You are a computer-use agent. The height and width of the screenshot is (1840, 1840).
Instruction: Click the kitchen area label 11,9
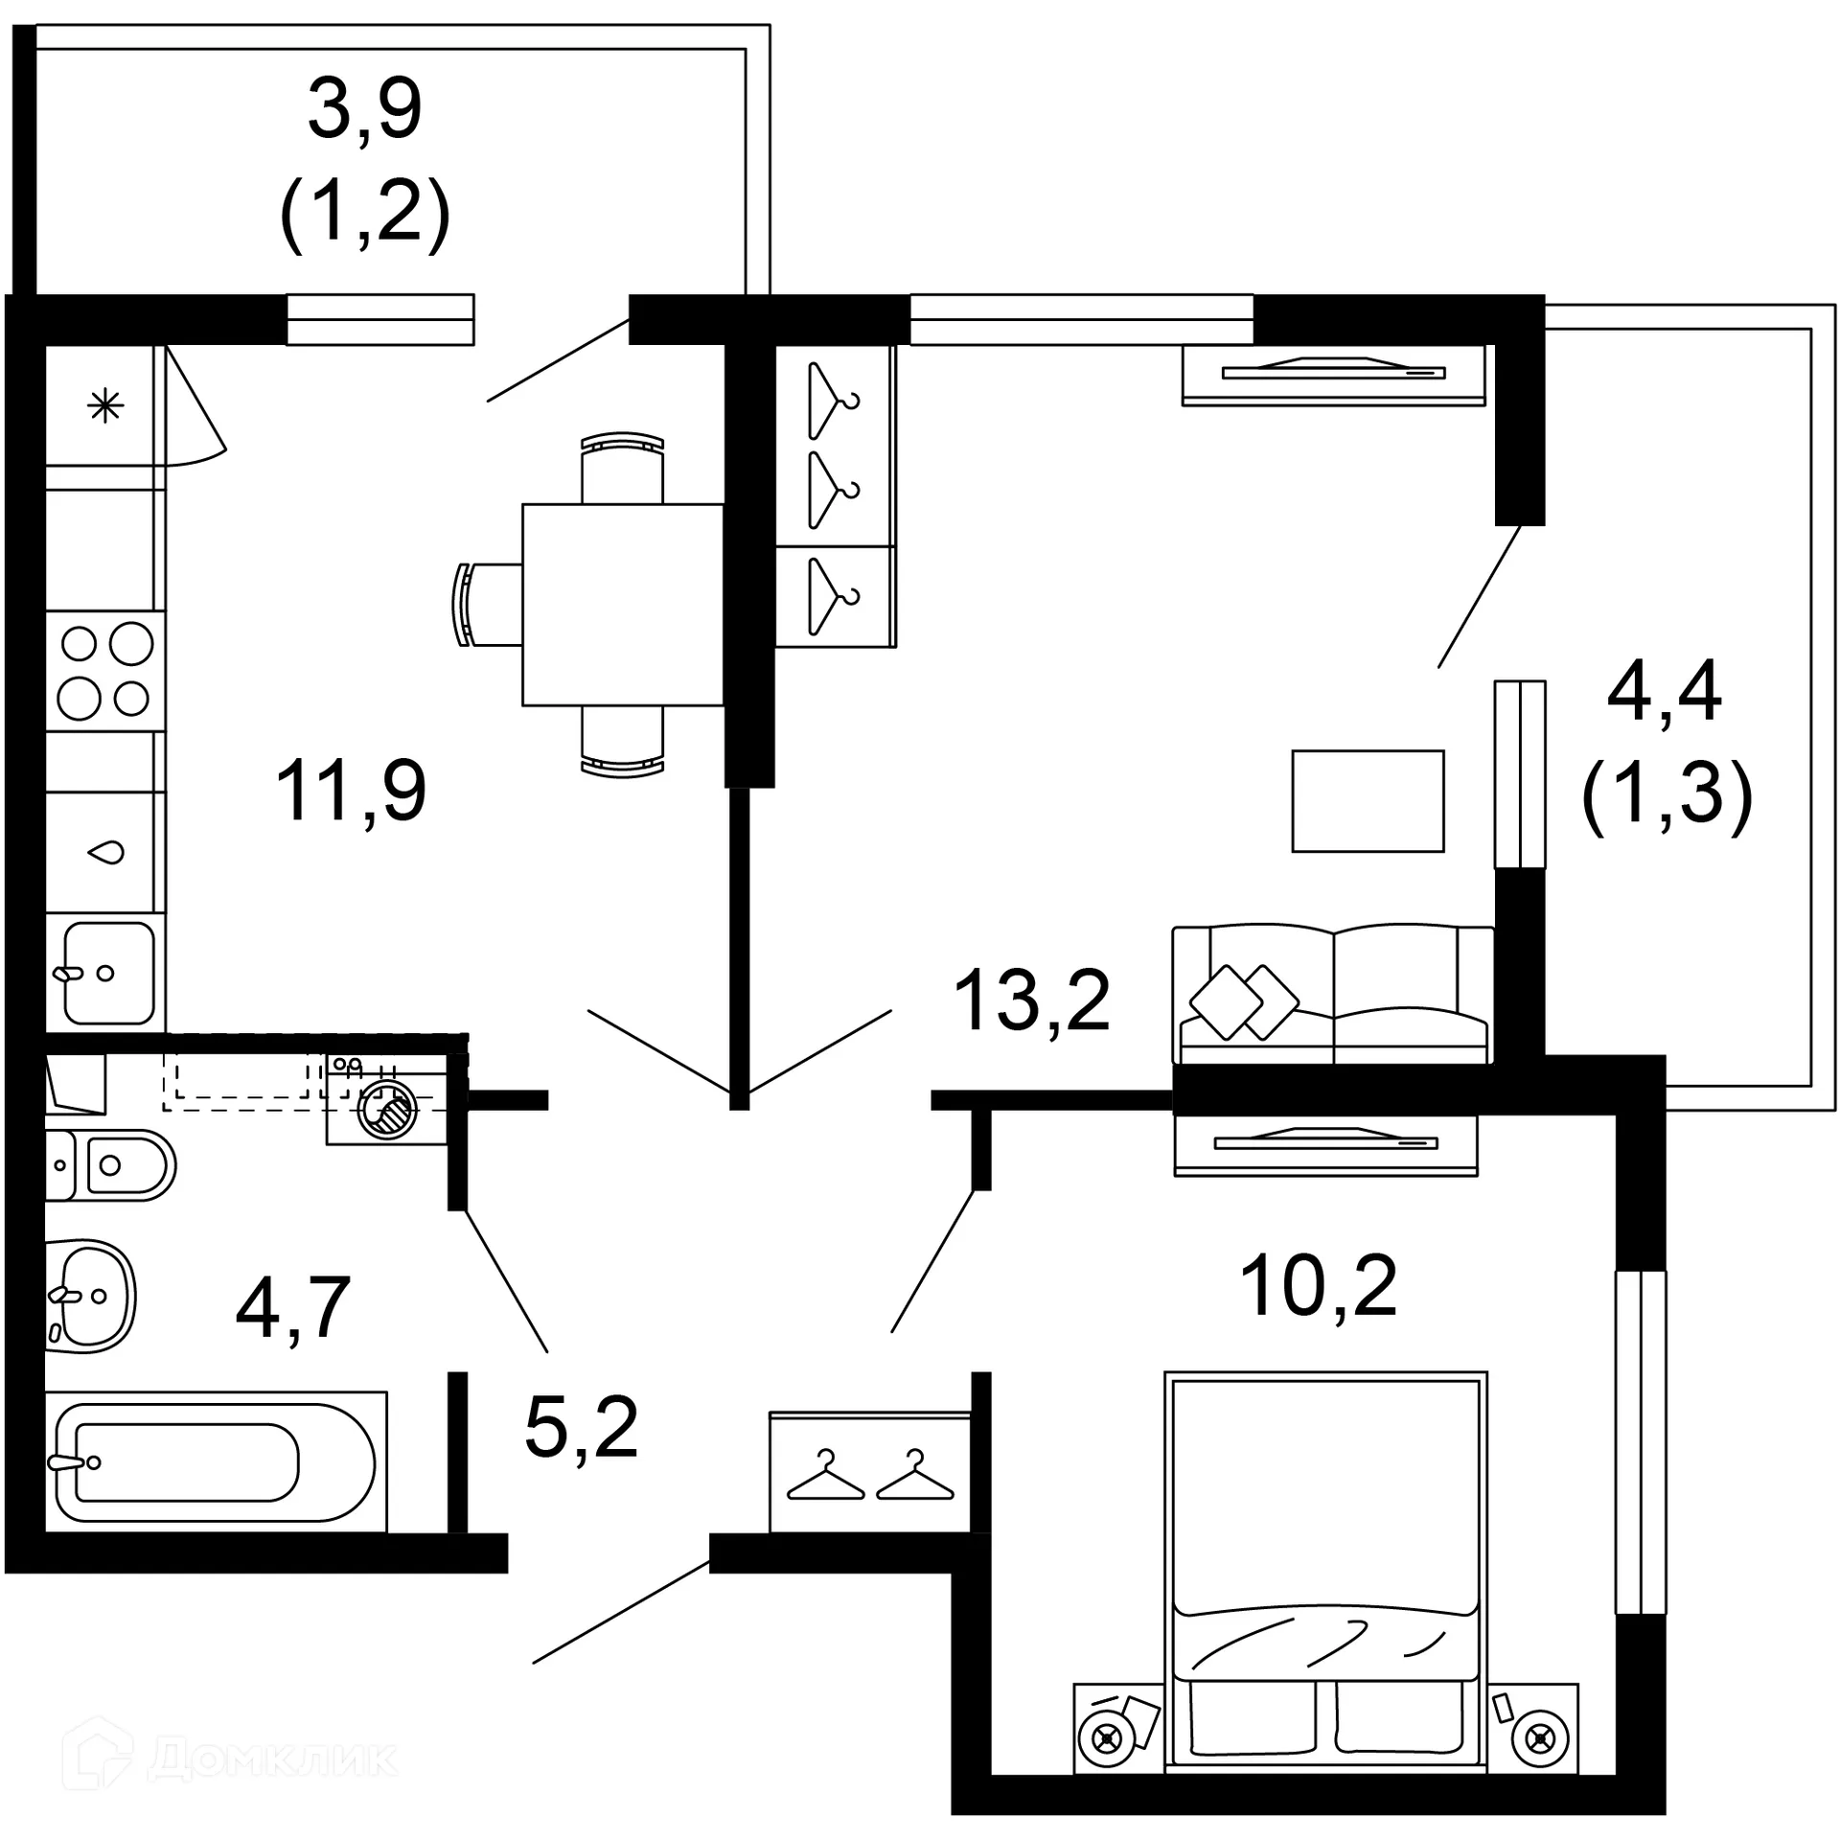351,791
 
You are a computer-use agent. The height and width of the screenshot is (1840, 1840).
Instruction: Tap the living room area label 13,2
1031,1000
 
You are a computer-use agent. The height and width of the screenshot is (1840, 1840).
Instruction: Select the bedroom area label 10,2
1318,1286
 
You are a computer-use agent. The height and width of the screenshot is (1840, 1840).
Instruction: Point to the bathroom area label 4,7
292,1308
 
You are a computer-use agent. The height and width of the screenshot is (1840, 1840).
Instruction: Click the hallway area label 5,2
581,1428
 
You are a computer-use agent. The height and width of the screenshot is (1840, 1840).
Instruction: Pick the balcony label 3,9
364,109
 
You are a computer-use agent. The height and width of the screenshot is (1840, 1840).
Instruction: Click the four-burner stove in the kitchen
105,671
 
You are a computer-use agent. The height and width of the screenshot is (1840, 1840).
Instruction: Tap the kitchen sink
108,973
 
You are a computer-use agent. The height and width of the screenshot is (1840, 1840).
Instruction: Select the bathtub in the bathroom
216,1462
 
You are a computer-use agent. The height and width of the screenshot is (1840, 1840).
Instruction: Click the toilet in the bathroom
115,1165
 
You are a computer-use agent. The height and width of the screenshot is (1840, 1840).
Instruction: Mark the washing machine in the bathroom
387,1110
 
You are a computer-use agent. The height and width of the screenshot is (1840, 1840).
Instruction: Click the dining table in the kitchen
622,605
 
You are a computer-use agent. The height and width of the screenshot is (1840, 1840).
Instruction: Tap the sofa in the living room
1332,996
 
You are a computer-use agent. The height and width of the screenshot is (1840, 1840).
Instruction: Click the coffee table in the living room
1368,801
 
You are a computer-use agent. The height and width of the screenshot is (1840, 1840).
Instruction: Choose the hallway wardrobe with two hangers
869,1471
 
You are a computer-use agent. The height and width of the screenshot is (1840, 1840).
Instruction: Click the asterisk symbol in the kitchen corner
105,407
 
